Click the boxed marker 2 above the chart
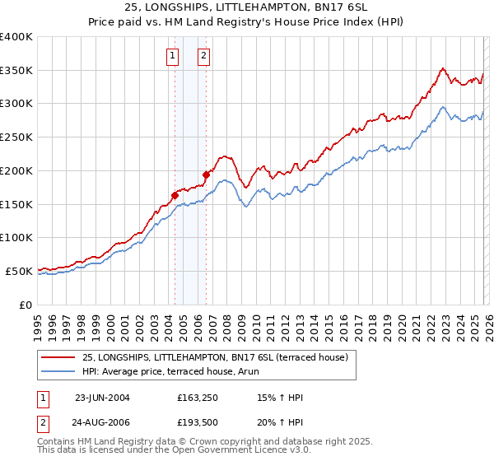(x=203, y=57)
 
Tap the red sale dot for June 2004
(x=175, y=195)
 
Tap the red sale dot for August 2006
(x=206, y=175)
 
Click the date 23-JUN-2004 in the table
(x=102, y=398)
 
